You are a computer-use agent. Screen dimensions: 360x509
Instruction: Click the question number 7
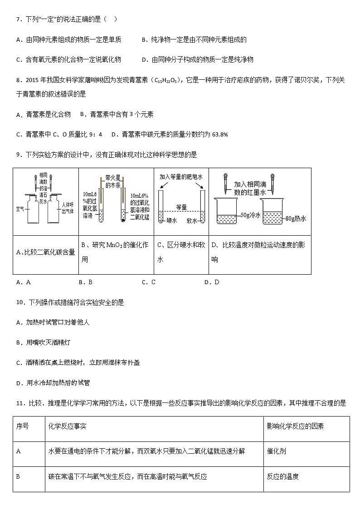click(x=18, y=19)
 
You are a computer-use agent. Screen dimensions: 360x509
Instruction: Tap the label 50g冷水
click(x=251, y=215)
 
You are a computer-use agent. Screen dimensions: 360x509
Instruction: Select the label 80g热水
click(x=296, y=218)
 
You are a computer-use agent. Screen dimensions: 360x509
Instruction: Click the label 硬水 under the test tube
click(x=171, y=221)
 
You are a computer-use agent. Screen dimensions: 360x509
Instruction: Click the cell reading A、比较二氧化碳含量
click(x=45, y=252)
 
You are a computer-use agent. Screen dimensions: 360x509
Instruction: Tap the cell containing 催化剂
click(x=276, y=451)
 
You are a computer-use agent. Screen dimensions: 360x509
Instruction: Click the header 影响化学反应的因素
click(x=295, y=427)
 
